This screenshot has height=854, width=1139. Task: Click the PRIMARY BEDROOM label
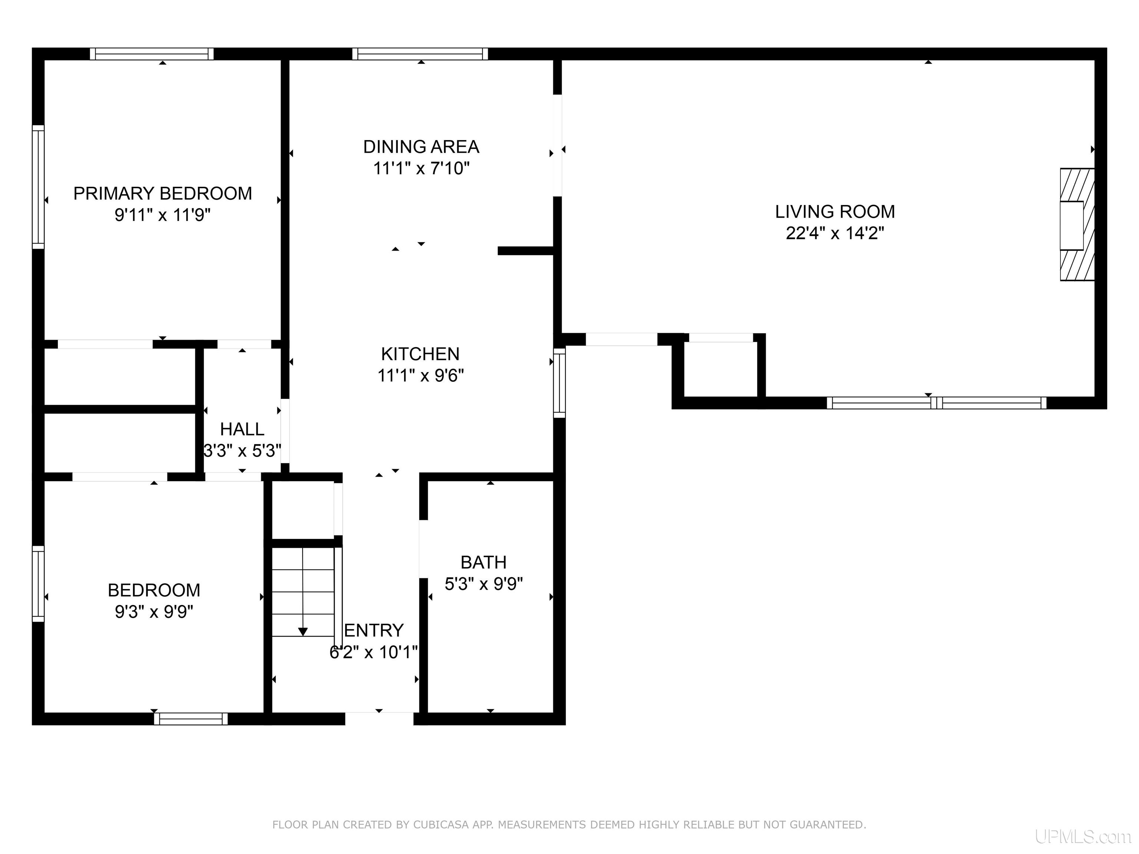[x=163, y=193]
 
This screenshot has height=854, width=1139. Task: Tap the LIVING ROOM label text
[x=835, y=212]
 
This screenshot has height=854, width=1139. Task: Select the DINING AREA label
[x=421, y=147]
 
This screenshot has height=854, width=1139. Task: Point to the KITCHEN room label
[x=420, y=354]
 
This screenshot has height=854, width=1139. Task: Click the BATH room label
[x=483, y=562]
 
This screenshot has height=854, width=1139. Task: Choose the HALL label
[x=242, y=429]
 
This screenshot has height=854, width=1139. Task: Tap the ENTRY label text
[x=374, y=630]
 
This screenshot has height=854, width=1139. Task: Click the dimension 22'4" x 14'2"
[x=835, y=233]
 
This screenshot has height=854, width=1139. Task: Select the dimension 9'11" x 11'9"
[x=163, y=215]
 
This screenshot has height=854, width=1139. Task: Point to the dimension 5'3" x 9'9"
[x=483, y=584]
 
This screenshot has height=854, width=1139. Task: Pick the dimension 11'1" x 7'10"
[x=421, y=168]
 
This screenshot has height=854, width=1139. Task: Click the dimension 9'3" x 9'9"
[x=154, y=612]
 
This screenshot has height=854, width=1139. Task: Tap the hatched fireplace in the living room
[x=1077, y=225]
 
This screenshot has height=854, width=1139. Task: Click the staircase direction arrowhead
[x=303, y=631]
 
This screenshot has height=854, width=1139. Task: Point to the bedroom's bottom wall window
[x=191, y=719]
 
